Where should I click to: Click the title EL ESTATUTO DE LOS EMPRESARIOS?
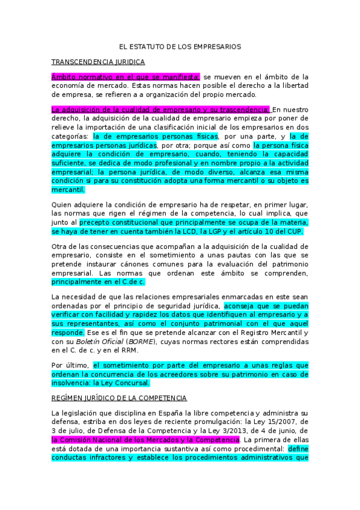click(x=180, y=46)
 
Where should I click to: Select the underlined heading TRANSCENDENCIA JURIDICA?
click(x=98, y=62)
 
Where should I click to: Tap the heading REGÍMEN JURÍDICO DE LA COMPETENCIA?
click(x=119, y=398)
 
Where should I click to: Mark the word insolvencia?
click(x=72, y=382)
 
